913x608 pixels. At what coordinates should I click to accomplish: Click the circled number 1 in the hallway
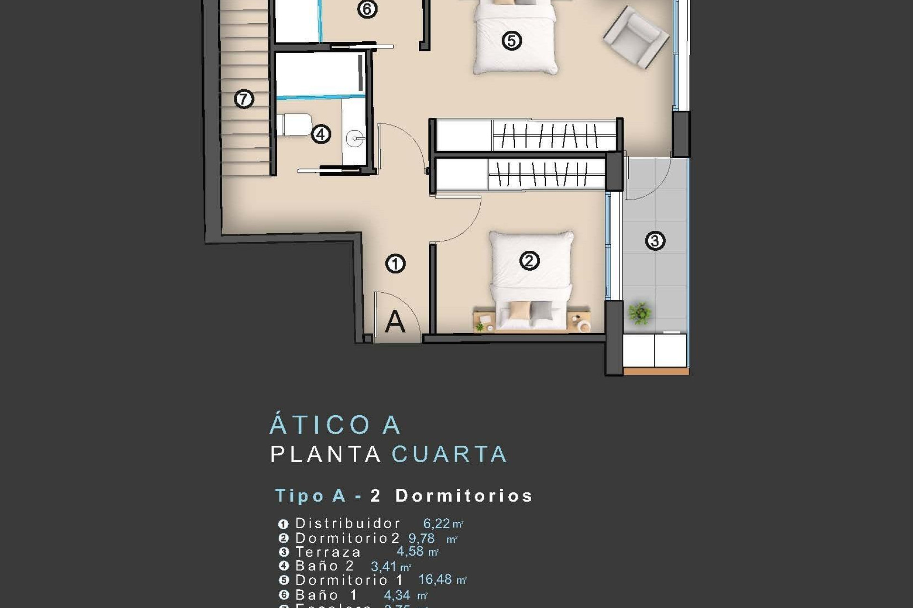(395, 263)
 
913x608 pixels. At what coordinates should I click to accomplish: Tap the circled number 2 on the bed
(529, 260)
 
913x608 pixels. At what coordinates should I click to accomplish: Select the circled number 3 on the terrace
(655, 241)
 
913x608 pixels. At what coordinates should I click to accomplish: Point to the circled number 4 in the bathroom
(321, 134)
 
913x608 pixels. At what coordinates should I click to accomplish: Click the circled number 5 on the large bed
(512, 40)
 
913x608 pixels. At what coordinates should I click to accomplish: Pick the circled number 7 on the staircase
(244, 99)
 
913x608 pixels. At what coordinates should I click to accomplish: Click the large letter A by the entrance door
(395, 322)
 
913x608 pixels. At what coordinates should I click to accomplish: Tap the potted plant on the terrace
(640, 313)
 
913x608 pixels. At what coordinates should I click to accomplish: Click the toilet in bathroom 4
(295, 124)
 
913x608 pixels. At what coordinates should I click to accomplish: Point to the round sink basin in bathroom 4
(355, 139)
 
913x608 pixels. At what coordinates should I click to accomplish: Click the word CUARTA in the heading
(449, 454)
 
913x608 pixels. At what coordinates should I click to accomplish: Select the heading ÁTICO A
(335, 425)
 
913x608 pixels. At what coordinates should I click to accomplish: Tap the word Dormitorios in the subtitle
(464, 495)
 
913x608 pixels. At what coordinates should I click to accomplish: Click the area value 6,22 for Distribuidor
(437, 523)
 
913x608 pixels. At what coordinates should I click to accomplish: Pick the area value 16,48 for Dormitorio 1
(435, 579)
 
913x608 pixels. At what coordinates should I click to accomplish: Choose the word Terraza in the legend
(328, 552)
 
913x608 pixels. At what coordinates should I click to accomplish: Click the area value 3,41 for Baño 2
(384, 566)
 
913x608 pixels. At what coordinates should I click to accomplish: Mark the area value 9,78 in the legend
(421, 538)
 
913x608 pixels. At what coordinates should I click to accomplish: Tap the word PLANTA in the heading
(326, 454)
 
